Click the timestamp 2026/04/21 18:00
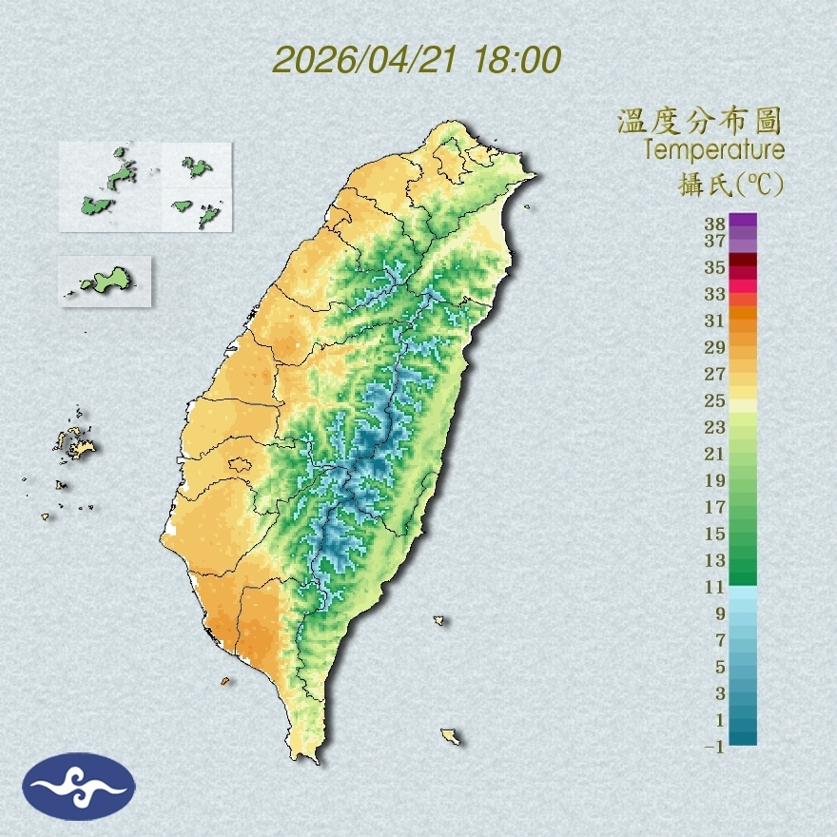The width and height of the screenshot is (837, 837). point(417,59)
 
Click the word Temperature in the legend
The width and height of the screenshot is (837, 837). point(713,150)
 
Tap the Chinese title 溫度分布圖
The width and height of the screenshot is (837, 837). point(699,121)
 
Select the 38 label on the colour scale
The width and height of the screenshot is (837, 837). point(714,224)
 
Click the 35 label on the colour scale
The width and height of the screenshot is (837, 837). point(714,267)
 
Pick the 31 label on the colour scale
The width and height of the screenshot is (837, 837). point(714,321)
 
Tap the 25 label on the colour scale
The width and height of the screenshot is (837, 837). point(714,400)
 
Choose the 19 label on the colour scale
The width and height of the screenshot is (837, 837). point(714,480)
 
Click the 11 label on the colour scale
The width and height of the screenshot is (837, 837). point(714,587)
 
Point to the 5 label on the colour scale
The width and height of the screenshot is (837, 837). point(720,667)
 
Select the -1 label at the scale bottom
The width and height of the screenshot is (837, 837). point(714,747)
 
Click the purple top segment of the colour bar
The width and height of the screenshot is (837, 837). point(743,220)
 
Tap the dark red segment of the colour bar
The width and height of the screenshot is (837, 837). point(743,261)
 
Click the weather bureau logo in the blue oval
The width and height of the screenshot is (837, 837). point(79,786)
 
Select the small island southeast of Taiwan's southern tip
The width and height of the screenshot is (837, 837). point(451,735)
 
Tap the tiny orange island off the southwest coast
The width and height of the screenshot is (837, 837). point(225,681)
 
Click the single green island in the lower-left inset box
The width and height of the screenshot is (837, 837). point(106,280)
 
